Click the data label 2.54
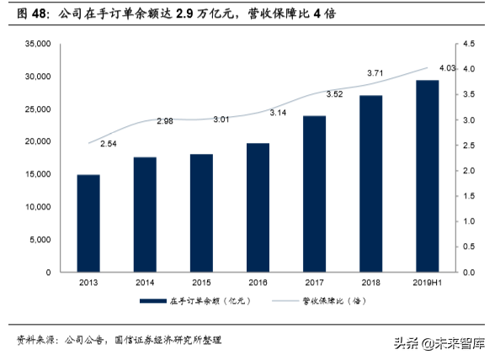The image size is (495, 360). point(109,145)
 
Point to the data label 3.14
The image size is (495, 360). point(279,112)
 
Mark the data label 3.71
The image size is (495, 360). point(376,74)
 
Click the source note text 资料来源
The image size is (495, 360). point(35,340)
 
